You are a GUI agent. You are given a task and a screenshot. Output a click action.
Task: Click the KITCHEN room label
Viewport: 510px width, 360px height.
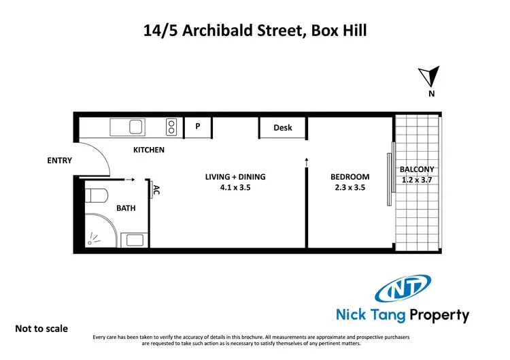148,150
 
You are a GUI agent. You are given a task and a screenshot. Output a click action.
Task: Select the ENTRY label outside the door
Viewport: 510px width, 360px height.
59,161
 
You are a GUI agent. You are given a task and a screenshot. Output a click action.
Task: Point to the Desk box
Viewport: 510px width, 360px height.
282,127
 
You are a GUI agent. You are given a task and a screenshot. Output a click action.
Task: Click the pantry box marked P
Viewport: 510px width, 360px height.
198,127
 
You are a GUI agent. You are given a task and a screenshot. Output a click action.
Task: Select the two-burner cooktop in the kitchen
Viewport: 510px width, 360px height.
172,127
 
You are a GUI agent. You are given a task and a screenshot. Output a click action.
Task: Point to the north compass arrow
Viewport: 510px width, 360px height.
432,77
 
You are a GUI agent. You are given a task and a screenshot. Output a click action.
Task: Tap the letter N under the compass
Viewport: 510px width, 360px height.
431,95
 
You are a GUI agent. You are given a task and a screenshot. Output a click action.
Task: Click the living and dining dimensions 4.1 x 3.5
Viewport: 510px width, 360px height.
235,188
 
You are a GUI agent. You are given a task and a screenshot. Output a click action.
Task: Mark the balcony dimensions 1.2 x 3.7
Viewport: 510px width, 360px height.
417,180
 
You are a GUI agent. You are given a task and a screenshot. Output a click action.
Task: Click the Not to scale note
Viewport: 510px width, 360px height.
41,329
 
